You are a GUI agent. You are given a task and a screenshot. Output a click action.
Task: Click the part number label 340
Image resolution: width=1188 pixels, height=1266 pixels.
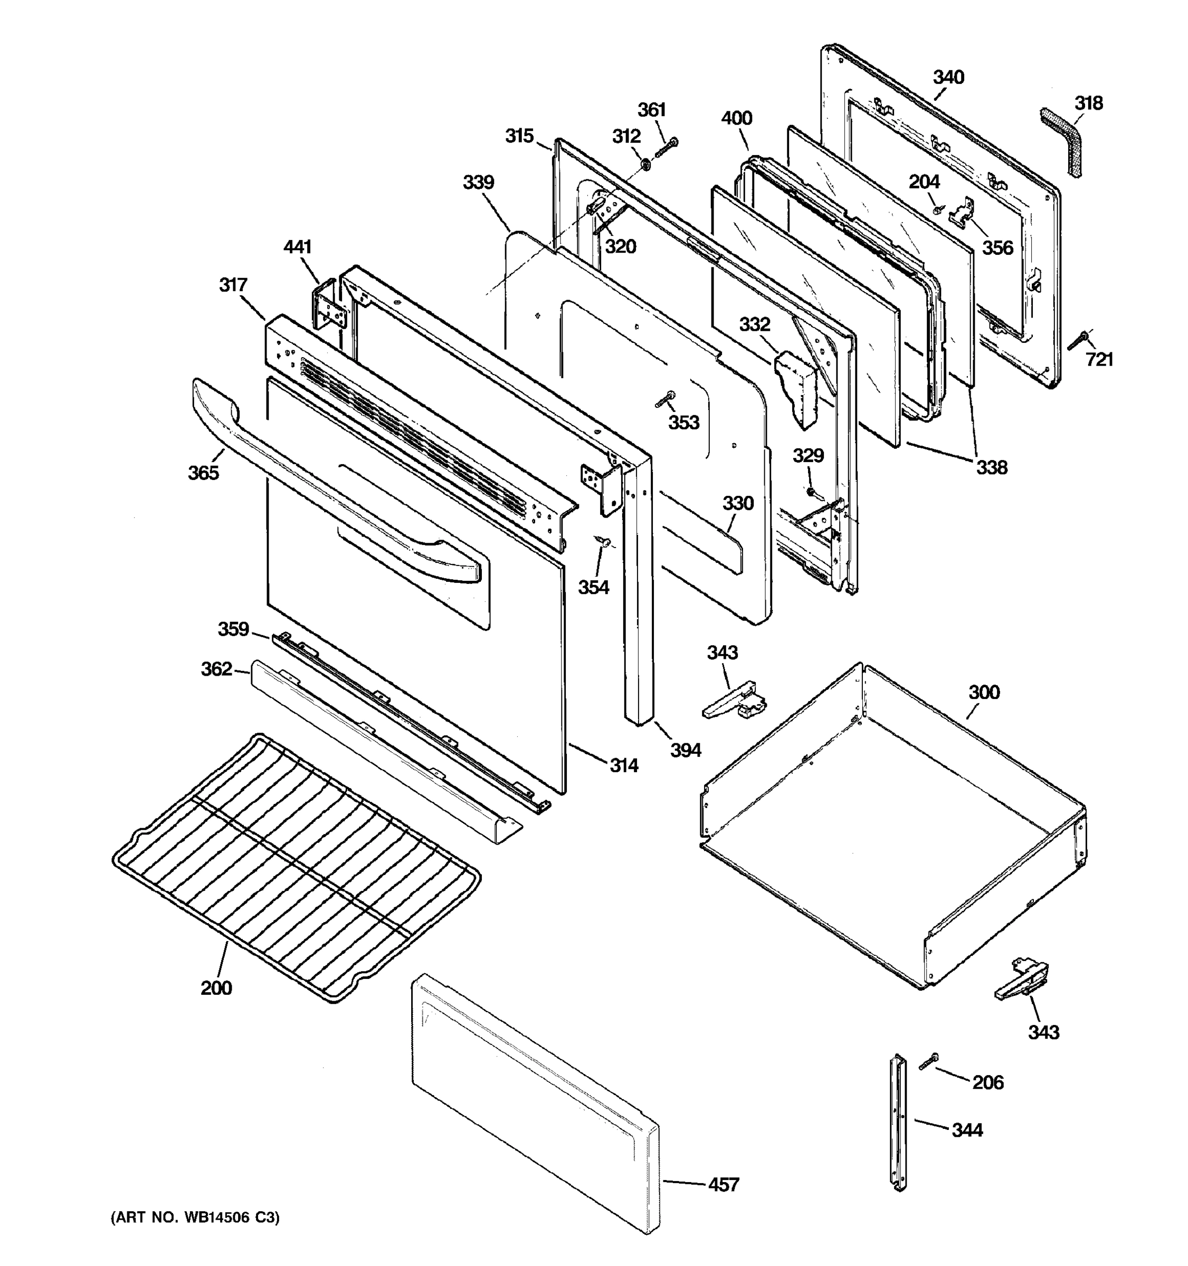[x=948, y=77]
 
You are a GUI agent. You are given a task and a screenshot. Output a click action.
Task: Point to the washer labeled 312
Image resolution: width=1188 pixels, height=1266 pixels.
[x=644, y=165]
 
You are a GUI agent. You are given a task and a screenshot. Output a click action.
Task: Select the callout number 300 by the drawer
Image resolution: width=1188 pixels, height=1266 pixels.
[x=984, y=692]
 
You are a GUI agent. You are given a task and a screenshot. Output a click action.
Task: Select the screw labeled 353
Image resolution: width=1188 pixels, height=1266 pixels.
[x=665, y=399]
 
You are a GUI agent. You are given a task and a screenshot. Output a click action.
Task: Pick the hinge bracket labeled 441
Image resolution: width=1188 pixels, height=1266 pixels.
[x=330, y=305]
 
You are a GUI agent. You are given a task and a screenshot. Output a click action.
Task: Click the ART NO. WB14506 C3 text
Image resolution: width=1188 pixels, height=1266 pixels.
[x=196, y=1217]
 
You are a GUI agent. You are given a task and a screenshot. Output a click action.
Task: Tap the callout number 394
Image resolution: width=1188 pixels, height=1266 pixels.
[x=686, y=750]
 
